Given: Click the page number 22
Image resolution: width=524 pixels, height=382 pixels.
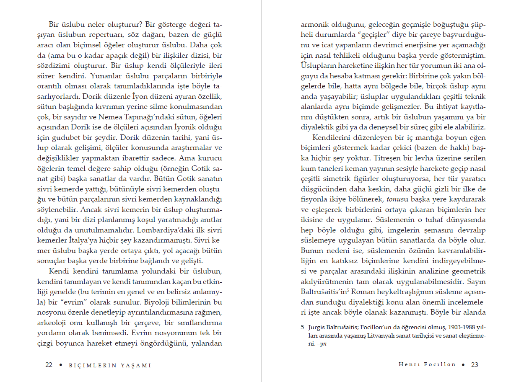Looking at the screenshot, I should (49, 365).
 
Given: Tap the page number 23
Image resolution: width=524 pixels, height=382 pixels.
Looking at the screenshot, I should (475, 364).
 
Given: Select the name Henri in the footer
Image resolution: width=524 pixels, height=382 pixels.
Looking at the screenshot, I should (407, 364).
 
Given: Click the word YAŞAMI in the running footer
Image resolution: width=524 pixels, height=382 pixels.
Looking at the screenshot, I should (136, 365).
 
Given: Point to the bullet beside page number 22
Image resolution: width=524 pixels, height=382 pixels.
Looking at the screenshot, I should (60, 365).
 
